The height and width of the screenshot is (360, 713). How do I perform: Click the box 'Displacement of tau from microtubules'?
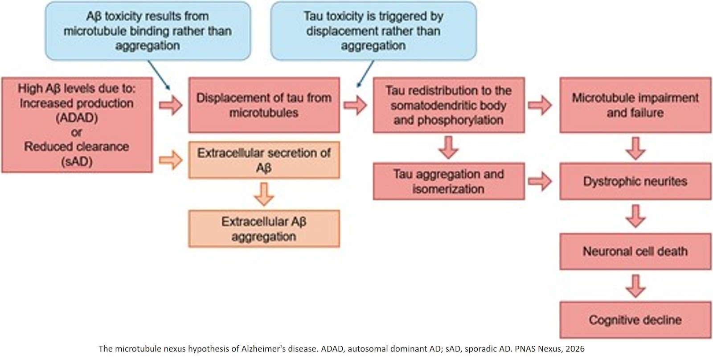tap(264, 105)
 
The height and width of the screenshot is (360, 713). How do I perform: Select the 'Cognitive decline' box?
tap(635, 320)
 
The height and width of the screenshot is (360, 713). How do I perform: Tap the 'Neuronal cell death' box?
tap(635, 251)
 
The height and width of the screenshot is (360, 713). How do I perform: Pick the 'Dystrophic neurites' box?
tap(635, 181)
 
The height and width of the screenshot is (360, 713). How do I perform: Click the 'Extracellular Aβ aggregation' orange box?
tap(264, 229)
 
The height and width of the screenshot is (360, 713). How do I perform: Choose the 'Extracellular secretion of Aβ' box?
tap(264, 160)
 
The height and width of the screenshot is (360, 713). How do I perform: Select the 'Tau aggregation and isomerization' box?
tap(448, 181)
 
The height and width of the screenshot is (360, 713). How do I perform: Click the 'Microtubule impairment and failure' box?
tap(635, 105)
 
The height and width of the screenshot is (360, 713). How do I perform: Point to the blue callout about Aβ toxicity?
tap(148, 31)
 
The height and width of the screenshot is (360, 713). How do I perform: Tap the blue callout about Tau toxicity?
tap(373, 31)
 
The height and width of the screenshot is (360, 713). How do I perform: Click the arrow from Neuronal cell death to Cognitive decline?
tap(635, 286)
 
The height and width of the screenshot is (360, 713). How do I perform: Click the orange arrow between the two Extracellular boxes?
tap(264, 194)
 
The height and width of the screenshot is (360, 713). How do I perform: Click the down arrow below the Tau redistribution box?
tap(448, 147)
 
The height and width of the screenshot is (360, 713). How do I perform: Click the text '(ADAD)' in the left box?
tap(77, 118)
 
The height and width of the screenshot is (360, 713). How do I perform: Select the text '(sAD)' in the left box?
tap(77, 161)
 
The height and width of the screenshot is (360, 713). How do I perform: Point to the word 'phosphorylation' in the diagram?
tap(448, 120)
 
